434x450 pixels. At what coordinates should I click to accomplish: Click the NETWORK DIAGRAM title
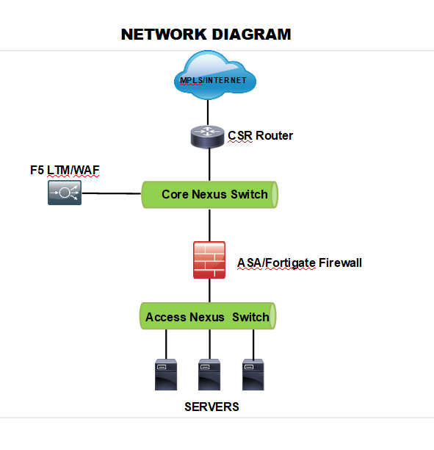[x=206, y=35]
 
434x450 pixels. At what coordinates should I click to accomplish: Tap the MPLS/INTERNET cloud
[x=215, y=75]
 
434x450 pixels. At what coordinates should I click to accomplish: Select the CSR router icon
[x=208, y=137]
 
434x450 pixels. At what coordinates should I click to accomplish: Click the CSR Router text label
[x=260, y=135]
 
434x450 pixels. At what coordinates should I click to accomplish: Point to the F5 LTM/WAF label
[x=65, y=170]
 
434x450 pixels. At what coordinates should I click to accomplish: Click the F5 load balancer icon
[x=65, y=193]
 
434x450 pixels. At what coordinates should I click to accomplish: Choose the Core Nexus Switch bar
[x=210, y=195]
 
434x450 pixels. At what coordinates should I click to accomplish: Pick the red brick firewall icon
[x=209, y=260]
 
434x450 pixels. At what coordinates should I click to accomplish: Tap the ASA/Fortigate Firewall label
[x=300, y=263]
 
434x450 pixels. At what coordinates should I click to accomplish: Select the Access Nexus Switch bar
[x=208, y=316]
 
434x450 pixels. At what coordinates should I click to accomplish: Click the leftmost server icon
[x=166, y=374]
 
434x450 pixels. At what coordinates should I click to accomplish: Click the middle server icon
[x=209, y=374]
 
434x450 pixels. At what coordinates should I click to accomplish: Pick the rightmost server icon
[x=253, y=374]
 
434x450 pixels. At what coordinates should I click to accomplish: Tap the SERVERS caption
[x=211, y=407]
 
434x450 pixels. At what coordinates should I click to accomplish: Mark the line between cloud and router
[x=208, y=113]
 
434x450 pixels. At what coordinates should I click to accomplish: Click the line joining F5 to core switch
[x=112, y=193]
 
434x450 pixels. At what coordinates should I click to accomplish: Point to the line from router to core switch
[x=209, y=165]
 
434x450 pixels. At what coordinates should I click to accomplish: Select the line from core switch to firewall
[x=209, y=225]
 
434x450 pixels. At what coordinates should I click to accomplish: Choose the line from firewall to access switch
[x=209, y=290]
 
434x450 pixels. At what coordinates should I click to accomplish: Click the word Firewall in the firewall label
[x=340, y=263]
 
